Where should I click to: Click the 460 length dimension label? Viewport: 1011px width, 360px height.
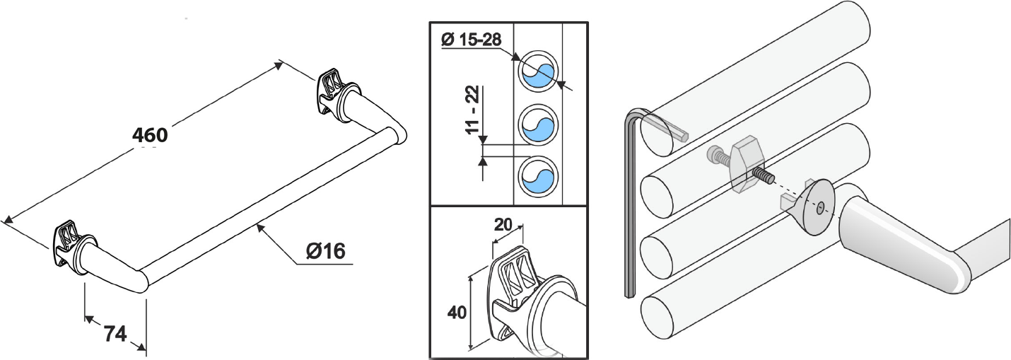[x=150, y=135]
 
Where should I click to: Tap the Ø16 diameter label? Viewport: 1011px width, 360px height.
[x=325, y=250]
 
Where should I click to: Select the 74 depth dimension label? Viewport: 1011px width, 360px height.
[x=115, y=335]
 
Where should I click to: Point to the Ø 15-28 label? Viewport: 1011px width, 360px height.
[x=471, y=40]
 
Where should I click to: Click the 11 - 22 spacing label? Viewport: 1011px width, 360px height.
[x=472, y=110]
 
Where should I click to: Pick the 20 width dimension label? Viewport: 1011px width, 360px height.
[x=503, y=224]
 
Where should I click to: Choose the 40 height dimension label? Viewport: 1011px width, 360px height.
[x=457, y=312]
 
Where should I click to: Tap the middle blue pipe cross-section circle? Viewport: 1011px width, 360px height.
[x=538, y=125]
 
